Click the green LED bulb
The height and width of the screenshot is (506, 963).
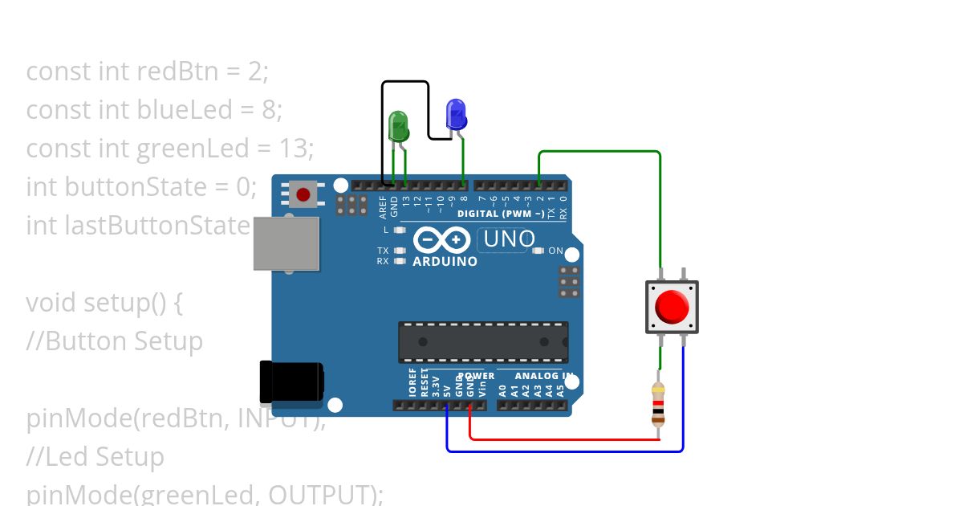click(398, 126)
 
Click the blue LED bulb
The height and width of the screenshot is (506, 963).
click(456, 114)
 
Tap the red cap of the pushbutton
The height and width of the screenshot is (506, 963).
click(672, 307)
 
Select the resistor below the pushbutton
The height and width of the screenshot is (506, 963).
click(658, 403)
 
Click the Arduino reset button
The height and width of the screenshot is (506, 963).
click(303, 194)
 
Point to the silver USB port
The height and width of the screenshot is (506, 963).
click(286, 243)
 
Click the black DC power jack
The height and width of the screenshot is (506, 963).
click(291, 382)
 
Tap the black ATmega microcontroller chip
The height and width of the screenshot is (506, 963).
click(483, 341)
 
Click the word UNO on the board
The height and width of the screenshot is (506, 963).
click(510, 239)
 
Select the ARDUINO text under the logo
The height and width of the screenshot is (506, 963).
click(445, 261)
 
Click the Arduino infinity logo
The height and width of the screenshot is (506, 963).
click(441, 240)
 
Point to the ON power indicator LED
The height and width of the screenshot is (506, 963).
click(538, 251)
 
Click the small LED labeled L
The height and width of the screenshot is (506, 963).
click(399, 230)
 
